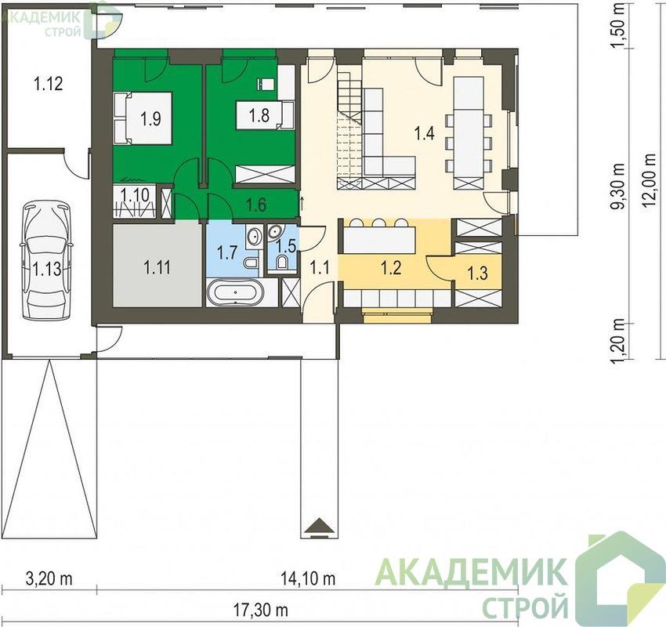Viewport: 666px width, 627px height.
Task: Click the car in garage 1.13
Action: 47,261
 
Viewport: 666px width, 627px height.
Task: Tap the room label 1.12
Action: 49,84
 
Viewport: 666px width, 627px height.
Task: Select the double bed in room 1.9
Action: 143,118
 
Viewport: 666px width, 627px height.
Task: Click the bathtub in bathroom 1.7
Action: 235,292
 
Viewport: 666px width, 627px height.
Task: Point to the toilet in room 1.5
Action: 282,262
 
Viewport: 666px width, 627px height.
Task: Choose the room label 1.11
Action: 157,267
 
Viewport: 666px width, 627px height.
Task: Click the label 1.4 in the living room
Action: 425,133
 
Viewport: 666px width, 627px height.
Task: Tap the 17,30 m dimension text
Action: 261,611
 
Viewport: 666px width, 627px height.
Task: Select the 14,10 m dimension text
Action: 308,578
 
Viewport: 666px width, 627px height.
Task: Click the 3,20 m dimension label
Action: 49,578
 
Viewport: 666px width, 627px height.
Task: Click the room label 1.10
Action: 135,195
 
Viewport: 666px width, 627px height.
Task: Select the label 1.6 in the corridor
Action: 256,205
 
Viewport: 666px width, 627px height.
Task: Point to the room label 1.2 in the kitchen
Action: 391,268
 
